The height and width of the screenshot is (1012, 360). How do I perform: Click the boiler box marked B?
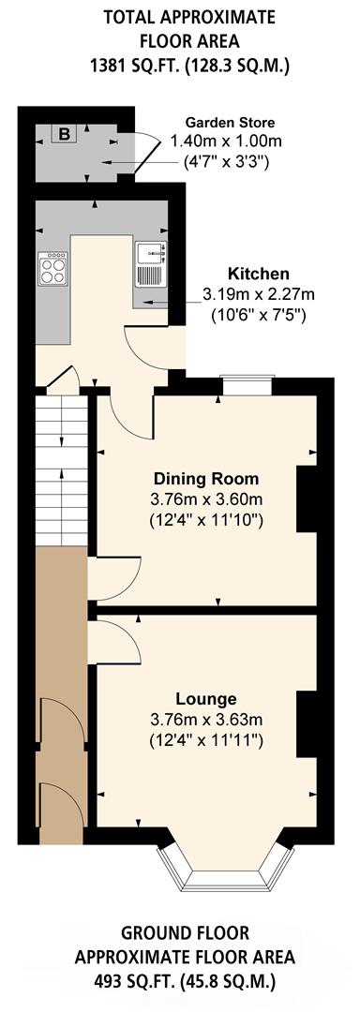64,134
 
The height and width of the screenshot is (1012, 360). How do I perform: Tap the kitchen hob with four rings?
52,270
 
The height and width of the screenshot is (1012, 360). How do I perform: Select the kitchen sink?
150,262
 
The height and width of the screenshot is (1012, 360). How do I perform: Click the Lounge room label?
206,699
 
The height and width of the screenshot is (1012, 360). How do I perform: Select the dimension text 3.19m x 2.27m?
260,293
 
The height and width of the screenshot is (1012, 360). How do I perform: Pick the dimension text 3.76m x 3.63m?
206,720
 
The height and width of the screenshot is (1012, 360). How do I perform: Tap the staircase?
62,469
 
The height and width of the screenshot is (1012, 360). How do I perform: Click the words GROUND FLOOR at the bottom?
185,933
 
